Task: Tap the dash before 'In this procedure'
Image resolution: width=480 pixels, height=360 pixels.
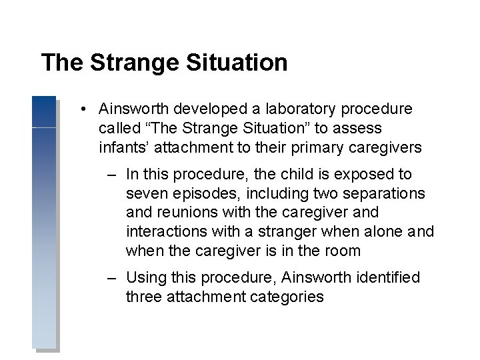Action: pyautogui.click(x=113, y=175)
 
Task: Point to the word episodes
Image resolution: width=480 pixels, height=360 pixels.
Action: pyautogui.click(x=203, y=193)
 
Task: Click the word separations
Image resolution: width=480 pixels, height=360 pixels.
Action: pyautogui.click(x=388, y=193)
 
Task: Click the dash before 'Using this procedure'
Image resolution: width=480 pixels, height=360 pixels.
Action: pyautogui.click(x=113, y=277)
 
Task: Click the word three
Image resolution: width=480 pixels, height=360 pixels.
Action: pyautogui.click(x=143, y=297)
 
